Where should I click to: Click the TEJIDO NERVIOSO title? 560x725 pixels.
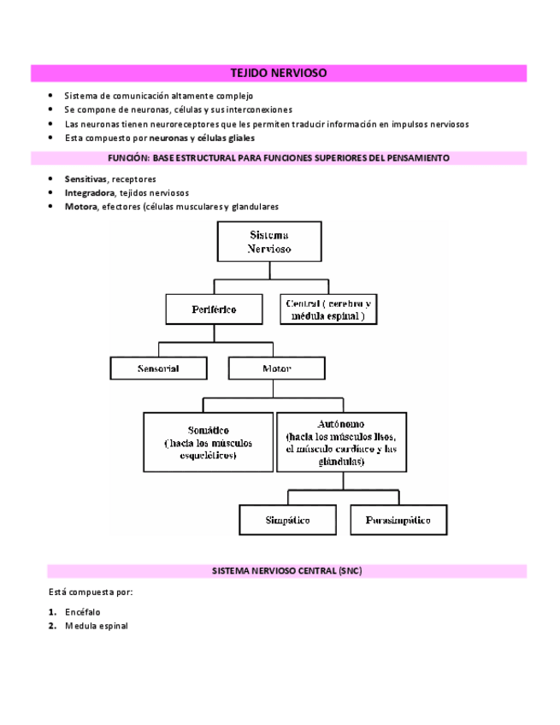(280, 74)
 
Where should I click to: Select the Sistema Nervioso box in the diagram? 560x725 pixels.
(269, 242)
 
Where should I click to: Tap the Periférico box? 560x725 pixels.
(214, 309)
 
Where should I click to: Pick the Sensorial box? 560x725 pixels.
(159, 368)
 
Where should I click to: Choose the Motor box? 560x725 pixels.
(276, 368)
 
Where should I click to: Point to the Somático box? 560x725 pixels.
(208, 442)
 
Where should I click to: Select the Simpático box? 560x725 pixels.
(287, 519)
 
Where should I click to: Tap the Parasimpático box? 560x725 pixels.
(398, 519)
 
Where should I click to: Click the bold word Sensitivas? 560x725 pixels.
(85, 180)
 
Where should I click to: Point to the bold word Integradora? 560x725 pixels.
(90, 193)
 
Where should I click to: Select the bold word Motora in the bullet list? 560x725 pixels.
(81, 207)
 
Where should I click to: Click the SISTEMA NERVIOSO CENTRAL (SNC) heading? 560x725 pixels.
(286, 570)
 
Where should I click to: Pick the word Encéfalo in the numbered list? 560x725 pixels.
(83, 612)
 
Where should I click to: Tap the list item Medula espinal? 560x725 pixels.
(97, 626)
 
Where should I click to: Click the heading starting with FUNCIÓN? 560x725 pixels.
(279, 158)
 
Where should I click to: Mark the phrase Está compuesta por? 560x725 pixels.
(90, 592)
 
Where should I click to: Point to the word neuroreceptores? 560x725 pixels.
(178, 124)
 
